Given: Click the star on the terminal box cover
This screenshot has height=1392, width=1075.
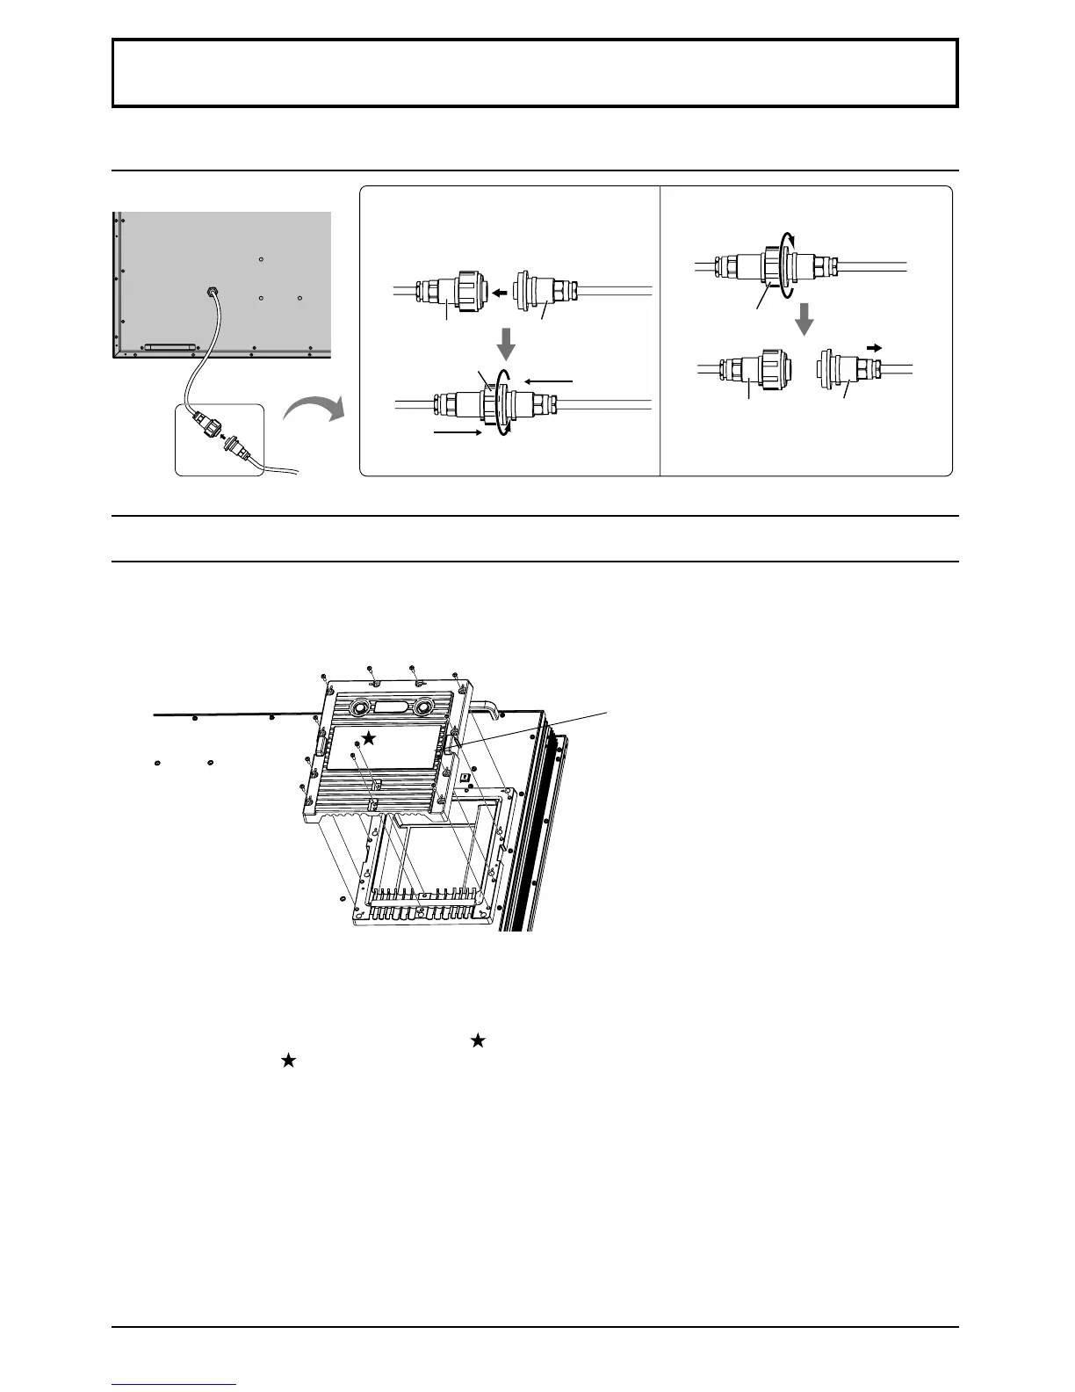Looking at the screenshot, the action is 370,739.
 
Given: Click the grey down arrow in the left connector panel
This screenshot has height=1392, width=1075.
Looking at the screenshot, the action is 506,343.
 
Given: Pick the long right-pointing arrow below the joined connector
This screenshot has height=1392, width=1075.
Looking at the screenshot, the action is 457,432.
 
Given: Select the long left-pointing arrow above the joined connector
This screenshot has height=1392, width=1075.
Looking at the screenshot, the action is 549,381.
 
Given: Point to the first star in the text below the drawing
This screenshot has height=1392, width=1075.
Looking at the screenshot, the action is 478,1040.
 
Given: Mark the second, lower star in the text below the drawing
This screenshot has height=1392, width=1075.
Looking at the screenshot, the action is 288,1062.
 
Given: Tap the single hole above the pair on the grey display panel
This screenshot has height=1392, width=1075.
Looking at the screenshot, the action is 262,259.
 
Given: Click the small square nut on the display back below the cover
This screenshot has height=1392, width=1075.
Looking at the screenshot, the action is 465,775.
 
